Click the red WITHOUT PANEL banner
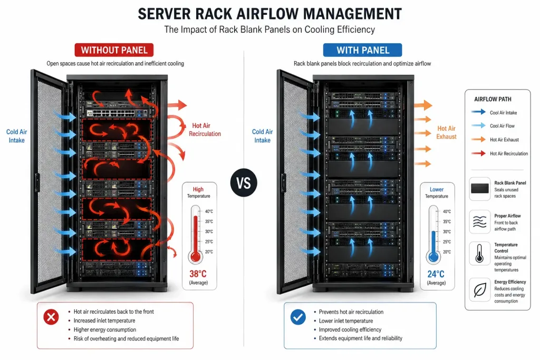click(x=114, y=50)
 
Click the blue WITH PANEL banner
click(x=362, y=50)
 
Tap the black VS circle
click(x=244, y=183)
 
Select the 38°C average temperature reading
click(x=198, y=274)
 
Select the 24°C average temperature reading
click(x=436, y=274)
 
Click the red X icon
click(x=51, y=317)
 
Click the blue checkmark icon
click(x=298, y=317)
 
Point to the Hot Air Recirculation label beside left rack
click(x=205, y=130)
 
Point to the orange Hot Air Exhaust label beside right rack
click(x=446, y=132)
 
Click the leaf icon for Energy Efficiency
click(x=480, y=290)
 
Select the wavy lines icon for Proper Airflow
click(x=480, y=222)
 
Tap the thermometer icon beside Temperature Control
click(x=480, y=254)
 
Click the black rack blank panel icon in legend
click(x=480, y=189)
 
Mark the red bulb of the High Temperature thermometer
click(x=195, y=257)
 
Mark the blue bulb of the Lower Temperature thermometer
click(x=433, y=257)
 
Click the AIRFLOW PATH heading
click(x=493, y=99)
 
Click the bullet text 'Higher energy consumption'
click(x=105, y=330)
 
